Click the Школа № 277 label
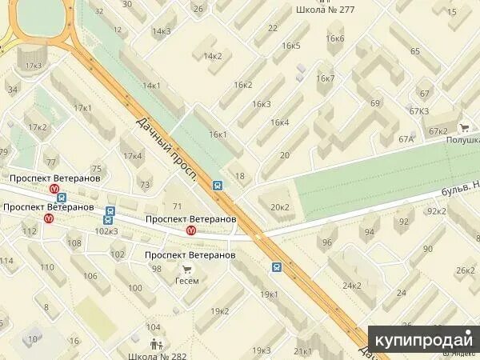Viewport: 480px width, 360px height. tap(326, 10)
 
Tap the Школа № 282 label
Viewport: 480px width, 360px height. tap(158, 354)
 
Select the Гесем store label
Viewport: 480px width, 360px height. tap(186, 281)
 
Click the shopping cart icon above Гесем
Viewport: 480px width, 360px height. tap(186, 269)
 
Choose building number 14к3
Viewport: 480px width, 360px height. tap(162, 31)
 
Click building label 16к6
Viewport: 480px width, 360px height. tap(335, 38)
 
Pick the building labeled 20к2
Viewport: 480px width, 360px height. tap(280, 207)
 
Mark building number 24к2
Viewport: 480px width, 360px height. tap(352, 285)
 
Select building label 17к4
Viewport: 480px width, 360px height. tap(132, 155)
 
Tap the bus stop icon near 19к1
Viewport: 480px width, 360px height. tap(277, 267)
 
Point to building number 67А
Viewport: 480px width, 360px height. tap(406, 139)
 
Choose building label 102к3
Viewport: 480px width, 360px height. tap(106, 231)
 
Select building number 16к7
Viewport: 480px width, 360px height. tap(325, 78)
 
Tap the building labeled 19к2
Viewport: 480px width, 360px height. tap(219, 310)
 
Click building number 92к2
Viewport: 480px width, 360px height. tap(436, 211)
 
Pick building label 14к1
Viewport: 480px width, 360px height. tap(151, 85)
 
